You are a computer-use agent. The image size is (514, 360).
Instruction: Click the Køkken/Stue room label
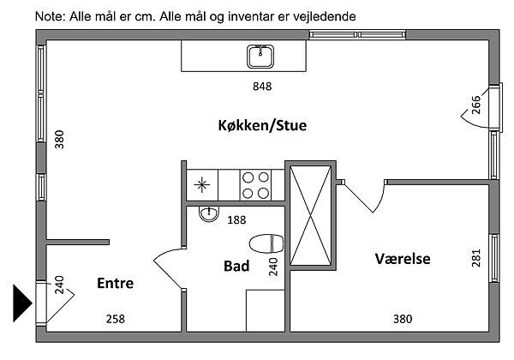(262, 126)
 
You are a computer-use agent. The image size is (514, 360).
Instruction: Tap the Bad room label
(236, 267)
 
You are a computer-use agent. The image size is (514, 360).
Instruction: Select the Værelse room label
(403, 258)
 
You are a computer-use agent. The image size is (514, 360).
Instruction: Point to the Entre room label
(115, 284)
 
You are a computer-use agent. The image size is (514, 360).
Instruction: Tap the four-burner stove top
(255, 183)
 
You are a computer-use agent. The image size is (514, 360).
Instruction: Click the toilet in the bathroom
(266, 243)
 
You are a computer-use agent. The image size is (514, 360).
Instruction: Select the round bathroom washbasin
(208, 214)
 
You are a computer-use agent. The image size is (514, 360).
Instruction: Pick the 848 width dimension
(262, 87)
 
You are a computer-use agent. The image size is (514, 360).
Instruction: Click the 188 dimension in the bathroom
(236, 219)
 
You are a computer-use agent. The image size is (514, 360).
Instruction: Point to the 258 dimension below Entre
(115, 320)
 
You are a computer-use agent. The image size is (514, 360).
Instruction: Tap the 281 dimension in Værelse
(476, 257)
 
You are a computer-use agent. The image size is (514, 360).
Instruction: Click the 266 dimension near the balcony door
(475, 105)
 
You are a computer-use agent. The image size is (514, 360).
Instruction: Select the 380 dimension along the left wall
(59, 139)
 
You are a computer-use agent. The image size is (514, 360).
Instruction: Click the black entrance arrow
(22, 302)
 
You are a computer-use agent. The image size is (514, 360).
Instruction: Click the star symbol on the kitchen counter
(203, 183)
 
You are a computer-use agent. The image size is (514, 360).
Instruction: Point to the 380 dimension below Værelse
(402, 320)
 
